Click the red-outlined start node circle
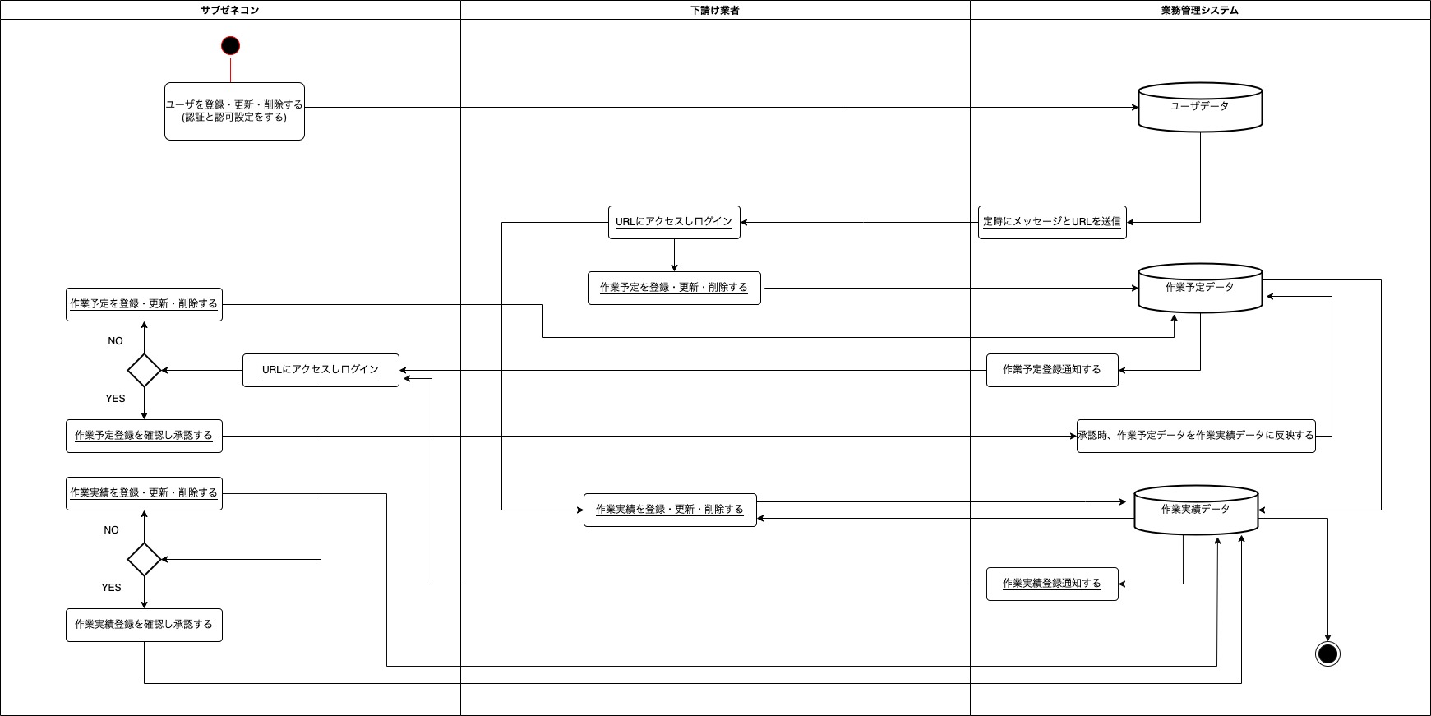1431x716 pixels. pos(230,45)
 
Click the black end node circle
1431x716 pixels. pos(1327,654)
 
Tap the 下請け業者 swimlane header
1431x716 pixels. pos(715,10)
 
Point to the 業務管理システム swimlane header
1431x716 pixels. pos(1199,10)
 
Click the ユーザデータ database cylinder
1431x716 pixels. pos(1200,107)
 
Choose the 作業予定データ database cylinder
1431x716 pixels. pos(1200,288)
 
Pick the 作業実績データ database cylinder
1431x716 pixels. pos(1196,510)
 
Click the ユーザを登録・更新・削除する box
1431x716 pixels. pos(234,111)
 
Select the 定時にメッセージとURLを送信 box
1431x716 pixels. pos(1052,222)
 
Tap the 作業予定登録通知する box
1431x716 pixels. pos(1052,370)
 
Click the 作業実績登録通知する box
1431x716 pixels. pos(1052,584)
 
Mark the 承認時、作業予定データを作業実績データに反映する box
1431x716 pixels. pos(1196,436)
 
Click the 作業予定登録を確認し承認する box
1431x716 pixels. pos(144,436)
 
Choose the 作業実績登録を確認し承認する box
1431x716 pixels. pos(144,625)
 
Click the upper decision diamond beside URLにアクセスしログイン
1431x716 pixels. pos(144,370)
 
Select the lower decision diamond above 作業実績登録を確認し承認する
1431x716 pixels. pos(144,559)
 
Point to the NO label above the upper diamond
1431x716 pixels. pos(115,341)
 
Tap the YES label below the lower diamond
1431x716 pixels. pos(111,588)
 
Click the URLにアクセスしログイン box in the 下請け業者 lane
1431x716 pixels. pos(674,222)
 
